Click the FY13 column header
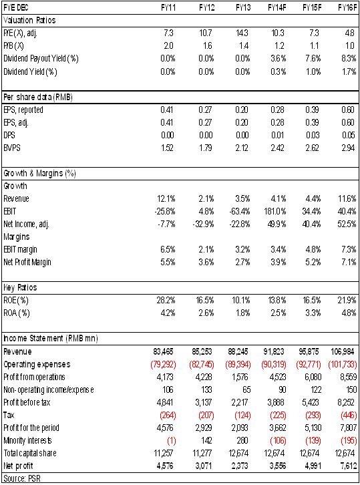(x=243, y=7)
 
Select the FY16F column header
(x=347, y=7)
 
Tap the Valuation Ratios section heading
(x=29, y=21)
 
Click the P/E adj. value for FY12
(x=206, y=33)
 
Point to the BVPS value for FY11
(x=167, y=148)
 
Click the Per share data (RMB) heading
(x=38, y=98)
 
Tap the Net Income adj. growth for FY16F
(x=347, y=224)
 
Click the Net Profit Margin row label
(x=27, y=263)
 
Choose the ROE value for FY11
(x=166, y=301)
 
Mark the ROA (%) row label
(x=17, y=313)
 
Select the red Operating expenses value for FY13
(x=238, y=364)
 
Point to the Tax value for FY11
(x=168, y=415)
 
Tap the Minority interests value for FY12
(x=206, y=440)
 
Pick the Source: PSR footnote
(x=22, y=478)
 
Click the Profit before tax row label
(x=27, y=402)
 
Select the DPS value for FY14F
(x=277, y=135)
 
